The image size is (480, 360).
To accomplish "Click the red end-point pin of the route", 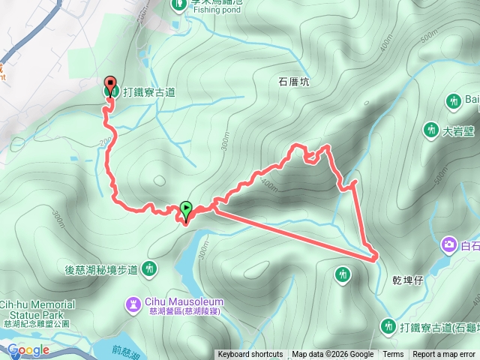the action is coord(110,85).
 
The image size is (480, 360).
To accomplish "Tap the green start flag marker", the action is coord(185,209).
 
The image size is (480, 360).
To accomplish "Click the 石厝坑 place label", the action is coord(294,83).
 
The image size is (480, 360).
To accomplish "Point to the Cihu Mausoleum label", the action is coord(180,297).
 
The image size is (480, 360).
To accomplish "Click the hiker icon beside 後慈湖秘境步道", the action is coord(149,268).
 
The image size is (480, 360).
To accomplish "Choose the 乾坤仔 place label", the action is coord(408,280).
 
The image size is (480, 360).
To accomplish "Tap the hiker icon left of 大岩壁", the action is coord(430,130).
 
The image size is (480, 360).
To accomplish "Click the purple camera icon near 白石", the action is coord(448,244).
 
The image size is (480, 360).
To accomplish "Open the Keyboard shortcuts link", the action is coord(250,355).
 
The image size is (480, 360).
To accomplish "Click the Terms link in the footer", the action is coord(393,355).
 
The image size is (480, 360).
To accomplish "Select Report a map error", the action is coord(444,355).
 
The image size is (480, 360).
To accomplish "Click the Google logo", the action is coord(28,349).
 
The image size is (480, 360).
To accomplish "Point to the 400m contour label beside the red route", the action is coord(267,185).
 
